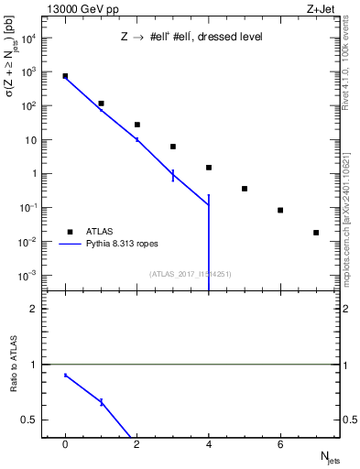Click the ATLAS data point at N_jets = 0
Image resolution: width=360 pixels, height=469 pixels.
pos(65,76)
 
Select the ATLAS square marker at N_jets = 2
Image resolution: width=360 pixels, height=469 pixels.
pos(136,125)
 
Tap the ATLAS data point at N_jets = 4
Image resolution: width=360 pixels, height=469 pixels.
pos(209,168)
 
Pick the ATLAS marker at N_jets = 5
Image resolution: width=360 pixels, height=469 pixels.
pos(245,189)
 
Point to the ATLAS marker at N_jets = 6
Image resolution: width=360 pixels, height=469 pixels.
pos(280,211)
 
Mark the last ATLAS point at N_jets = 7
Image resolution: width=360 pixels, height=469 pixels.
pos(316,233)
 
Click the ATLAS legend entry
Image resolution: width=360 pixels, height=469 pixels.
pos(101,232)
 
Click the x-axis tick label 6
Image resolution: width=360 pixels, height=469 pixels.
pos(280,444)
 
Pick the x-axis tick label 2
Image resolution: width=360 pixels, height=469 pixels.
pos(136,444)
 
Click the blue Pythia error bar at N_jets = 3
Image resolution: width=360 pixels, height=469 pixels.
pos(173,175)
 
